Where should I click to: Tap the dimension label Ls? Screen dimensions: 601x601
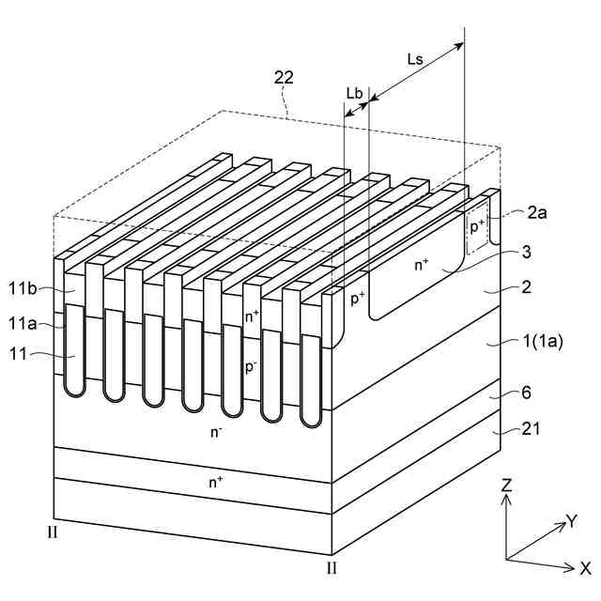414,59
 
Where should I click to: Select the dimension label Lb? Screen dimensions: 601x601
354,93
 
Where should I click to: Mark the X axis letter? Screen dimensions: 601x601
584,567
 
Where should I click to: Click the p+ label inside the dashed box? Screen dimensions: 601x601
477,225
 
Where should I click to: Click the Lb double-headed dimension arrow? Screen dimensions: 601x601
357,109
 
